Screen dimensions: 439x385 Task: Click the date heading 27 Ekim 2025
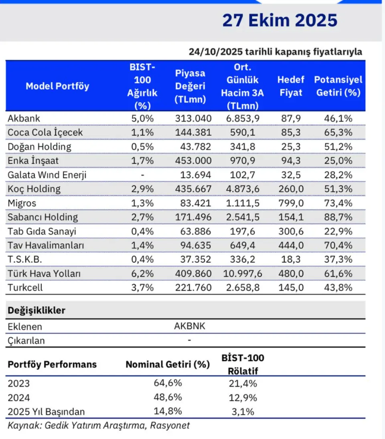click(280, 20)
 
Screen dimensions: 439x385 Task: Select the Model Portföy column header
click(57, 86)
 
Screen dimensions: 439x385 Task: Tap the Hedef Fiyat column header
click(290, 86)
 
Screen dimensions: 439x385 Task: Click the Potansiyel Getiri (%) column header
click(338, 86)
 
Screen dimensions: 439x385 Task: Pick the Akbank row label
click(24, 118)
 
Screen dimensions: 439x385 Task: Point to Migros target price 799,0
click(290, 203)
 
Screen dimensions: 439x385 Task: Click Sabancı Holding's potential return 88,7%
click(338, 217)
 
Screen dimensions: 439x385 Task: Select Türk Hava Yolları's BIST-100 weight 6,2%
click(142, 274)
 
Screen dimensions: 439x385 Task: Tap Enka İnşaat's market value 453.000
click(192, 161)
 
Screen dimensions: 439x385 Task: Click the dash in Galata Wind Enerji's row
click(142, 175)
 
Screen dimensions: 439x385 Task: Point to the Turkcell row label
click(25, 288)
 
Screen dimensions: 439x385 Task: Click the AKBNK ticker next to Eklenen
click(190, 326)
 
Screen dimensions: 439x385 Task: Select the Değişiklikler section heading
click(36, 310)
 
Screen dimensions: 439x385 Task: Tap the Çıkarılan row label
click(26, 341)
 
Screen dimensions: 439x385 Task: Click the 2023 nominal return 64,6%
click(168, 383)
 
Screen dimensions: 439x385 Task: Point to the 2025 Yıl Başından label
click(46, 411)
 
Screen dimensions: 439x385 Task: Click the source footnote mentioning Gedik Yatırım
click(99, 425)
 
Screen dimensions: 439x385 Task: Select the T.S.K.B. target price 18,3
click(290, 260)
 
